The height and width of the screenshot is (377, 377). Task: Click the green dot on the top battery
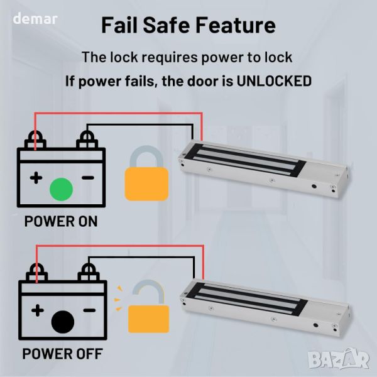(61, 189)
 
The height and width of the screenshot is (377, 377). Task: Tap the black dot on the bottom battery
(63, 322)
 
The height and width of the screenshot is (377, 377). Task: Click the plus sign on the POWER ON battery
(36, 178)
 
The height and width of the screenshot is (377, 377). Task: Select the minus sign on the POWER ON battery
(88, 178)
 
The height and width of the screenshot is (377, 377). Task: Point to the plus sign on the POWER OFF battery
(38, 310)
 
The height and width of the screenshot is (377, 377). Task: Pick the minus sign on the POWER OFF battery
(89, 310)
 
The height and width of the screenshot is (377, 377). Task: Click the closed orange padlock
(146, 173)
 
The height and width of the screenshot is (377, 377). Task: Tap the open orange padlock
(148, 306)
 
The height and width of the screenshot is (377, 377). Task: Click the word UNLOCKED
(274, 81)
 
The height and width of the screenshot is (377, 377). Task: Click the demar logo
(35, 18)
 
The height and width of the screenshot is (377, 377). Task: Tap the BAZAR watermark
(339, 359)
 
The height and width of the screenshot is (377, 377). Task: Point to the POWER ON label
(61, 221)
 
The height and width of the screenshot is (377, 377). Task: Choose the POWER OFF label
(62, 354)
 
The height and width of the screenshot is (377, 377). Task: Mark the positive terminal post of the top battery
(35, 139)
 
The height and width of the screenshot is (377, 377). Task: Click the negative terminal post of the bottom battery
(89, 272)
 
